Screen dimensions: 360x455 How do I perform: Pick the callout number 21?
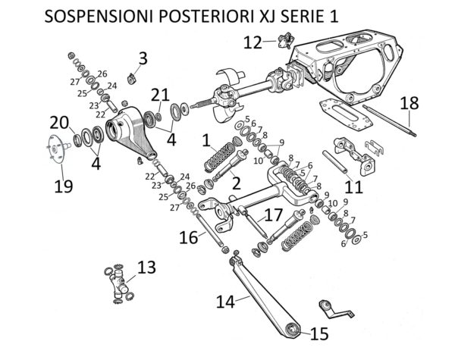[159, 95]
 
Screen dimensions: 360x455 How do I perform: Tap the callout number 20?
[60, 121]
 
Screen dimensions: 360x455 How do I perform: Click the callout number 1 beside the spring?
[206, 140]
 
